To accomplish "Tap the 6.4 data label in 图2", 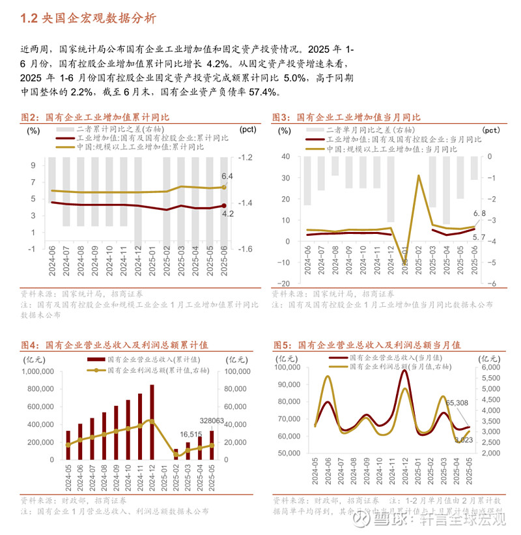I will [227, 177].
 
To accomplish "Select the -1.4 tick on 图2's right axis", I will [246, 203].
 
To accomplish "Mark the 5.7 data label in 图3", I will [479, 237].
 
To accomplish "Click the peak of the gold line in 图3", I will [418, 175].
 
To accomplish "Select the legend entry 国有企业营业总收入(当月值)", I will [389, 358].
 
